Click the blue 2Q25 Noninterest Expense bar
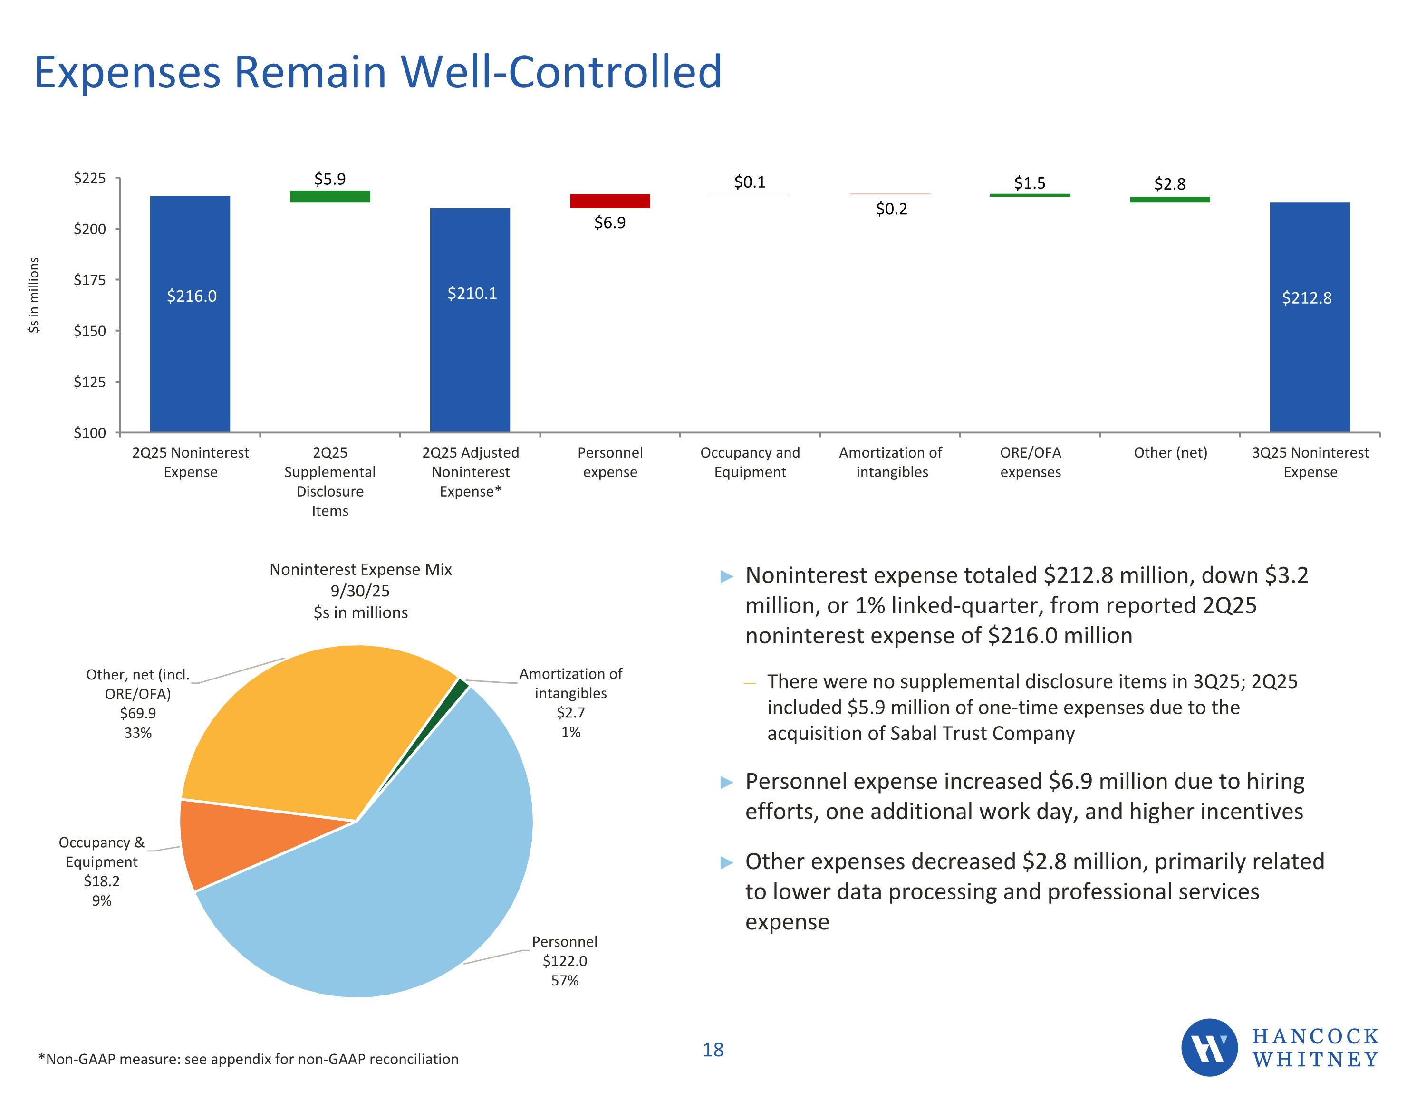(x=190, y=326)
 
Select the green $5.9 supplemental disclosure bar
(x=330, y=197)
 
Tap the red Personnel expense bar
(x=610, y=201)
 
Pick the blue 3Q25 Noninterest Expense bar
(x=1309, y=326)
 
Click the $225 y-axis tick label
(x=89, y=178)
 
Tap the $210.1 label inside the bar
(x=472, y=294)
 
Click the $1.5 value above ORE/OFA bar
(x=1030, y=183)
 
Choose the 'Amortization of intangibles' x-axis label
(x=891, y=462)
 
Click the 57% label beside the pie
(x=565, y=981)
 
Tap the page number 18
(x=713, y=1050)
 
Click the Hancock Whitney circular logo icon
(x=1209, y=1047)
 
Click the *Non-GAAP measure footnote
(x=248, y=1059)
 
